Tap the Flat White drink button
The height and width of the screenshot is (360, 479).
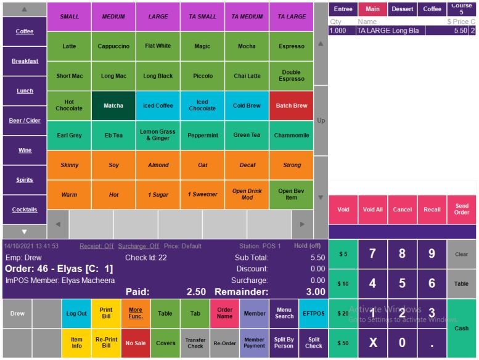pos(158,46)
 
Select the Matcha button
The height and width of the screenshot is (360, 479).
pos(113,105)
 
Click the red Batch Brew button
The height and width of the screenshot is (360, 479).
pos(291,105)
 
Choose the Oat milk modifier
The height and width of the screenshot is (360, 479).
pos(202,165)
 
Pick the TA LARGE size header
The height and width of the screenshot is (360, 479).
pos(291,17)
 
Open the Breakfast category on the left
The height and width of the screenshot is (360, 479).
pos(25,61)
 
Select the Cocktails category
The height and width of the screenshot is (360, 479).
pos(25,210)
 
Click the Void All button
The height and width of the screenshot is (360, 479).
pos(372,210)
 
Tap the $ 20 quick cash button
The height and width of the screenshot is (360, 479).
pos(343,313)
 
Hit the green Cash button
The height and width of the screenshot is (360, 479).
pos(461,329)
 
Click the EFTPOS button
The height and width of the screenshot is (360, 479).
pos(314,313)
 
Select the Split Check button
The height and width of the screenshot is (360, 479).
pos(314,343)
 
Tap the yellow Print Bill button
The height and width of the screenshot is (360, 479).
pos(106,313)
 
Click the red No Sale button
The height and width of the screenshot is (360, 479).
pos(136,343)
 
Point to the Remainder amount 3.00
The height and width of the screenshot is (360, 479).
pos(316,292)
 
